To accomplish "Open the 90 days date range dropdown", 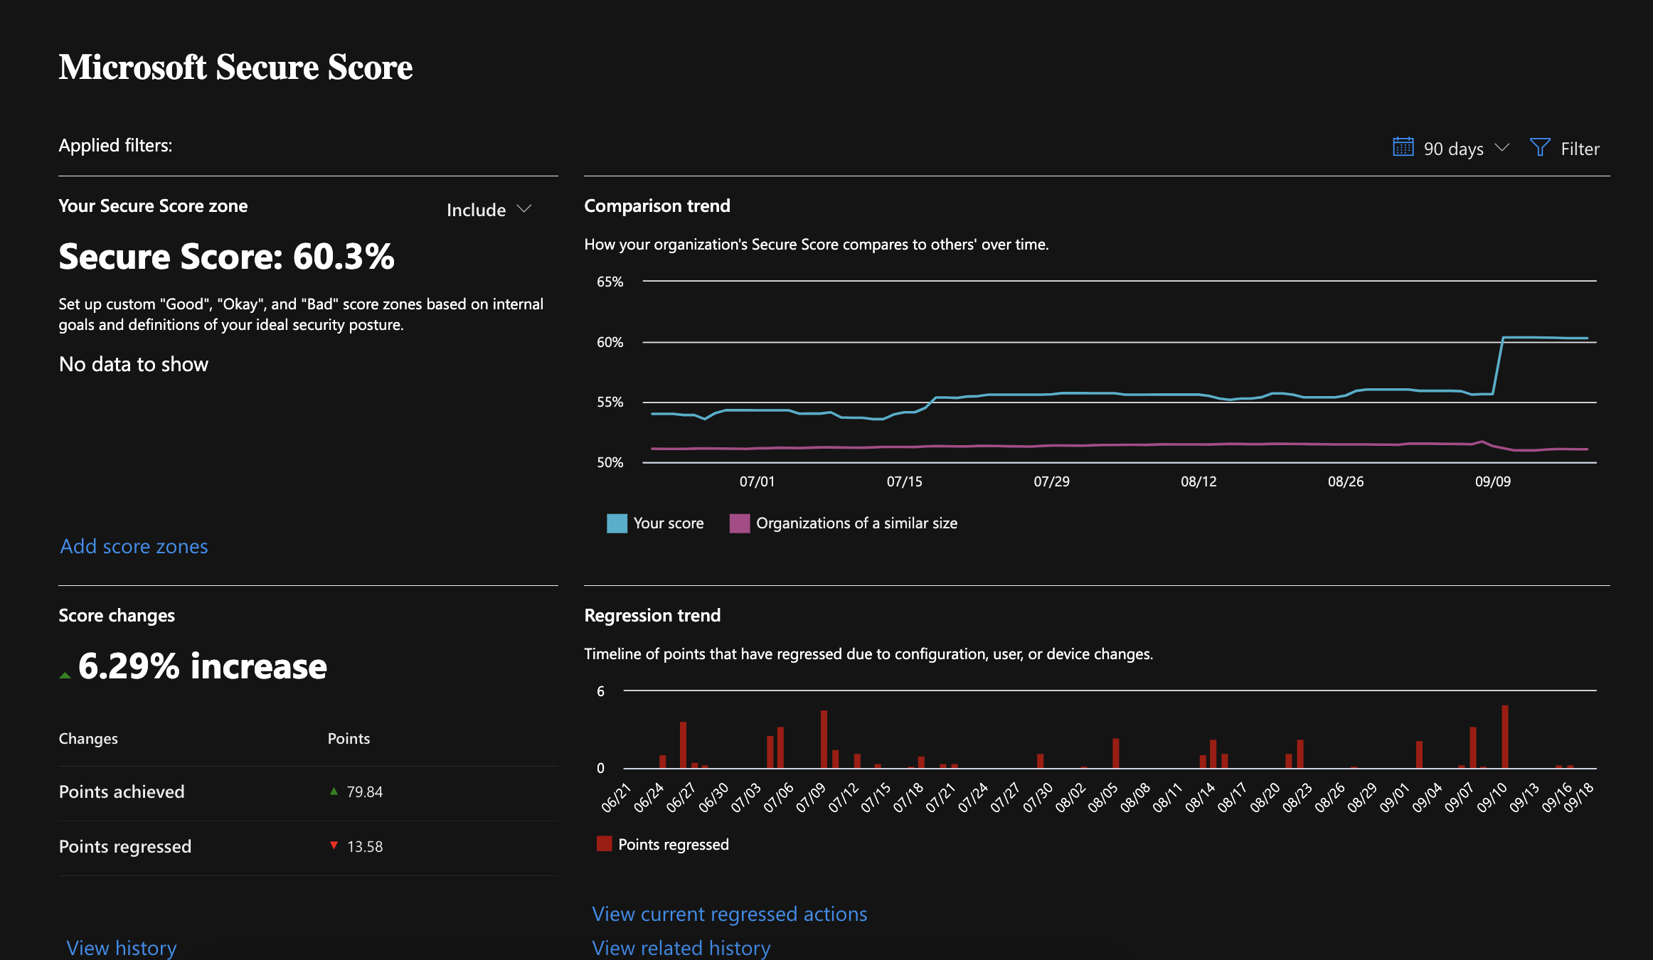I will click(1451, 149).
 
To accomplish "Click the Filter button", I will click(1565, 149).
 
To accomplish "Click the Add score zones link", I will click(134, 546).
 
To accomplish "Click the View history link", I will click(121, 947).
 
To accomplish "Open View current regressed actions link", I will click(729, 914).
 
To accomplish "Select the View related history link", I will click(681, 947).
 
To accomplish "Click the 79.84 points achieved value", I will click(364, 791).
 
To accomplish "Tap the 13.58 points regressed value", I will click(364, 846).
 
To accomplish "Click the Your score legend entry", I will click(655, 523).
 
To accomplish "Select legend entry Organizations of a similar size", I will click(844, 523).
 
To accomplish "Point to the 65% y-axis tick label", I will click(610, 282).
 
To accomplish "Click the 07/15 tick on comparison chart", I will click(904, 481).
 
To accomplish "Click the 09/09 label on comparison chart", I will click(1492, 481).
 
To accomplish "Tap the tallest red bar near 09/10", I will click(1504, 737).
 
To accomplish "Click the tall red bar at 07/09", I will click(824, 740).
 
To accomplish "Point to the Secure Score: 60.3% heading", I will click(226, 257).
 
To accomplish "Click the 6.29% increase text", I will click(202, 666).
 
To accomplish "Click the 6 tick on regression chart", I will click(600, 691).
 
